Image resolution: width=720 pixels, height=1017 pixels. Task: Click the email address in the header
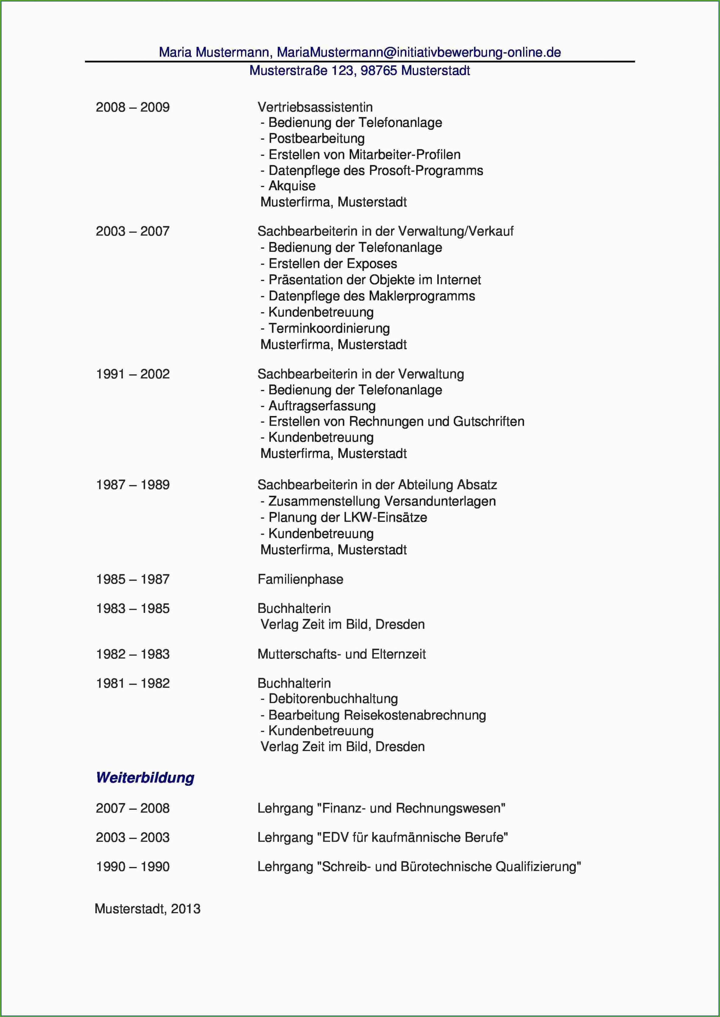pyautogui.click(x=419, y=52)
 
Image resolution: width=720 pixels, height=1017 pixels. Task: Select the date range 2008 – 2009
pyautogui.click(x=133, y=107)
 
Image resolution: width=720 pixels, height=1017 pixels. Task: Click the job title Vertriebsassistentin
pyautogui.click(x=315, y=107)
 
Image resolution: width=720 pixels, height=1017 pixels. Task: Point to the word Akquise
pyautogui.click(x=292, y=186)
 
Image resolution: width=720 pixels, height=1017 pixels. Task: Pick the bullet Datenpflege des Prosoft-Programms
pyautogui.click(x=375, y=171)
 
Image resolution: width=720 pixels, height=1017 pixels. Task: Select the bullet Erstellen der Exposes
pyautogui.click(x=332, y=264)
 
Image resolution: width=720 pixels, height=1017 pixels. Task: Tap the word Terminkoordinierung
pyautogui.click(x=329, y=329)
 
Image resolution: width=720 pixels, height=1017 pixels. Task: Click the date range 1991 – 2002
pyautogui.click(x=133, y=374)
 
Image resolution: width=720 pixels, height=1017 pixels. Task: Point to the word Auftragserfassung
pyautogui.click(x=322, y=406)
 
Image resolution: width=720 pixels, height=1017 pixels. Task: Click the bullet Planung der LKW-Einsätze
pyautogui.click(x=347, y=517)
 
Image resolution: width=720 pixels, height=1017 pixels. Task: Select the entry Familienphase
pyautogui.click(x=300, y=579)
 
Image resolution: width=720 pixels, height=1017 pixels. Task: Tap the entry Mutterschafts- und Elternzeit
pyautogui.click(x=341, y=654)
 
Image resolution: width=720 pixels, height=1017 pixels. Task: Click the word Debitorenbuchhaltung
pyautogui.click(x=333, y=699)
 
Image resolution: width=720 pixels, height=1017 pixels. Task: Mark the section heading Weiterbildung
pyautogui.click(x=145, y=778)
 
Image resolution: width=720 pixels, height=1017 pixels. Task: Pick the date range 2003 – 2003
pyautogui.click(x=133, y=837)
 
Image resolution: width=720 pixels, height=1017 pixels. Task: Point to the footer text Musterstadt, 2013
pyautogui.click(x=148, y=909)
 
